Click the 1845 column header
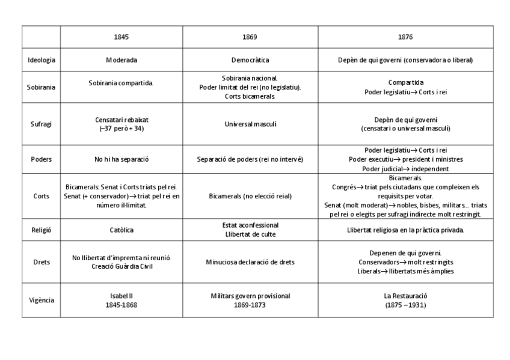point(121,37)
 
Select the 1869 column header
point(250,37)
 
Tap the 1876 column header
point(405,37)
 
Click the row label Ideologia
point(41,60)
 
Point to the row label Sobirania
point(41,87)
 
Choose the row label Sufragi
point(41,124)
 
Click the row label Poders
point(41,159)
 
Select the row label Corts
point(41,197)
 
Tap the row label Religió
point(41,230)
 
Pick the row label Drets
point(41,262)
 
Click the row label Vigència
point(41,300)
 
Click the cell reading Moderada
point(121,60)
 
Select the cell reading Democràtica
point(250,60)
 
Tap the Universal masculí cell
point(250,124)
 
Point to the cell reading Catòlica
point(121,230)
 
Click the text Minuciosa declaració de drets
point(250,262)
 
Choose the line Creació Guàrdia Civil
point(121,266)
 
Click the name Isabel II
point(121,296)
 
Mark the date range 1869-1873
point(250,305)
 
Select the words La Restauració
point(405,296)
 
